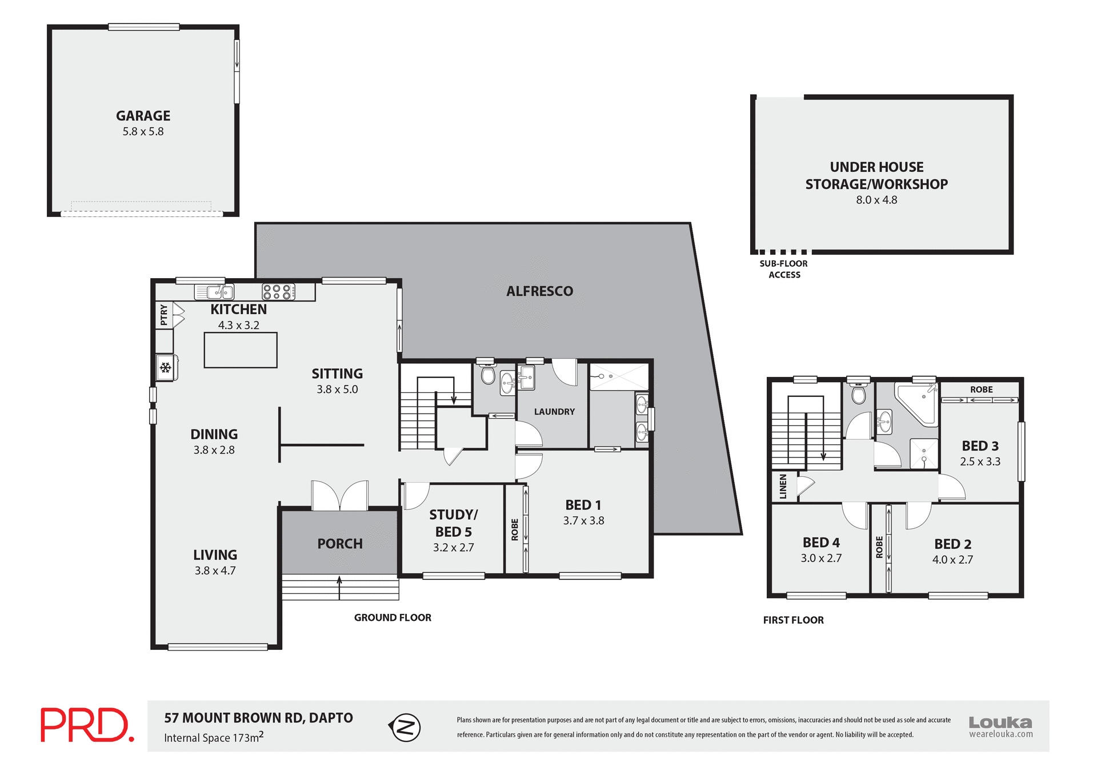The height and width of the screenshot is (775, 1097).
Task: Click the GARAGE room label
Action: (x=143, y=116)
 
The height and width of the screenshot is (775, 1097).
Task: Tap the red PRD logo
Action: (x=87, y=725)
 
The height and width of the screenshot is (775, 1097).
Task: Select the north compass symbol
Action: (x=405, y=728)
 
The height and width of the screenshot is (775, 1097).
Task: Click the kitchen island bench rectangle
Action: (x=241, y=350)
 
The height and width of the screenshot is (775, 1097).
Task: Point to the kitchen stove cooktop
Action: (x=278, y=292)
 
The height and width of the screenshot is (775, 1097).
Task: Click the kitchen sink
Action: (x=215, y=292)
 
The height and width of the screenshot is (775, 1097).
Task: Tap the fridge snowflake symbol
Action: (x=166, y=368)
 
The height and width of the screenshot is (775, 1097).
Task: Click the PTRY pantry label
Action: (x=164, y=315)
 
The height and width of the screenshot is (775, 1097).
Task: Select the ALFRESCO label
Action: (x=539, y=291)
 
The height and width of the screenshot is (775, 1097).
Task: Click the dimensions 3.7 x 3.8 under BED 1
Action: (x=583, y=520)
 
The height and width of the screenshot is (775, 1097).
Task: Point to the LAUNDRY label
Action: (x=554, y=412)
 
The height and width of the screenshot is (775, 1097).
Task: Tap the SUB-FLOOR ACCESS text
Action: (x=784, y=269)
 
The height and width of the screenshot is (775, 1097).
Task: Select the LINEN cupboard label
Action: (x=783, y=486)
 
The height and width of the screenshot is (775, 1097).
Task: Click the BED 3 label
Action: (x=980, y=446)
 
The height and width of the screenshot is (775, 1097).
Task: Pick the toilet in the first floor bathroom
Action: (x=858, y=393)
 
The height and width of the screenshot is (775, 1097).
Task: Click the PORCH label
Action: (x=340, y=544)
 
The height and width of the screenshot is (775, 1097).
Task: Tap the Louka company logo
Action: (x=1000, y=726)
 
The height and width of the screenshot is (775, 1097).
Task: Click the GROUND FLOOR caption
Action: (x=393, y=617)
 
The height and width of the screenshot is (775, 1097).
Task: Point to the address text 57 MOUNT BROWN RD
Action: (x=258, y=718)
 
